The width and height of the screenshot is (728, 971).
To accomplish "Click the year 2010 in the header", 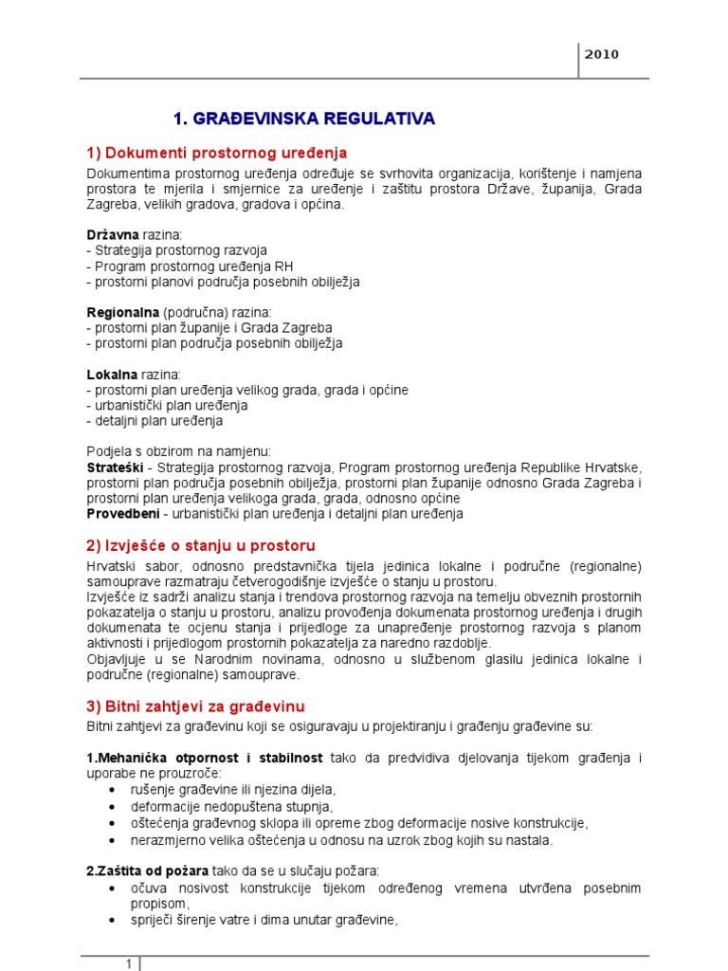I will (602, 54).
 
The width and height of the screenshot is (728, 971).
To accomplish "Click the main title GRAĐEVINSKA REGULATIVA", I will (303, 119).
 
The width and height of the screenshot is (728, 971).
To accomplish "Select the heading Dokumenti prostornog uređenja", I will (217, 153).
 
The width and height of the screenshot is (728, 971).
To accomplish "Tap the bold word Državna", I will (113, 233).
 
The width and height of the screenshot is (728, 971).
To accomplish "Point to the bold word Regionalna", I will (122, 312).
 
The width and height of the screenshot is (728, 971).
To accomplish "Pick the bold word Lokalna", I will (112, 375).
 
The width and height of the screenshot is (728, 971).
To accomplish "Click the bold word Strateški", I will (115, 468).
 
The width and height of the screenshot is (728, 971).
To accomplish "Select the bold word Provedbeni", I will (121, 514).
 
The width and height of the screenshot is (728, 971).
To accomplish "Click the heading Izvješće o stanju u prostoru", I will (200, 545).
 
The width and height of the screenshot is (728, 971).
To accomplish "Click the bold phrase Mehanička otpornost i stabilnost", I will (205, 759).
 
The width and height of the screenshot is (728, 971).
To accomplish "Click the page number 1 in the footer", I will (129, 963).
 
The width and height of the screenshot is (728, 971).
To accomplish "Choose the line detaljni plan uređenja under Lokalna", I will (155, 421).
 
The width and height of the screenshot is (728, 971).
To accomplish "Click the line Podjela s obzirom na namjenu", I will (179, 452).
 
